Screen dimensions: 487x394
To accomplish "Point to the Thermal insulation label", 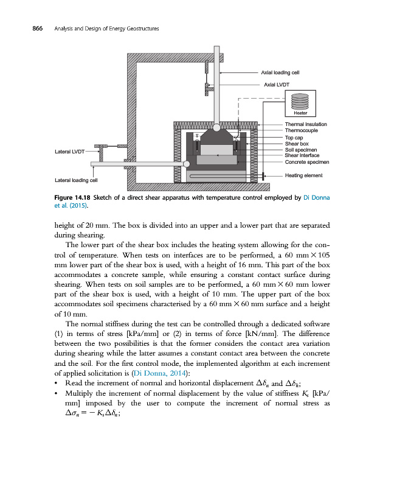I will tap(306, 124).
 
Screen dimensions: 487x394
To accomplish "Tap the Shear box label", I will tap(297, 144).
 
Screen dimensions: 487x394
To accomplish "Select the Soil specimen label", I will tap(301, 150).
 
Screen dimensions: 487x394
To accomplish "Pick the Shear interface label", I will tap(302, 155).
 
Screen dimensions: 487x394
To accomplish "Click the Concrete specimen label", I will tap(307, 163).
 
